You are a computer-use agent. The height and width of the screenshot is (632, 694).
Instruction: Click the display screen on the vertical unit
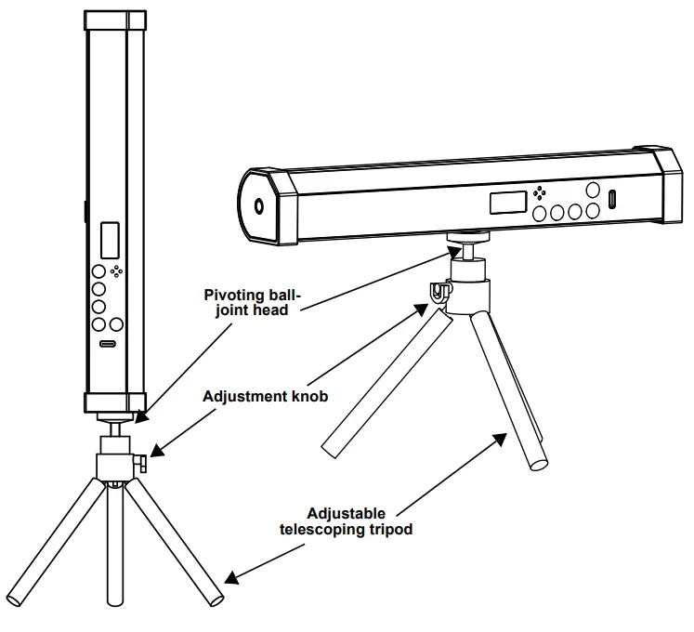111,240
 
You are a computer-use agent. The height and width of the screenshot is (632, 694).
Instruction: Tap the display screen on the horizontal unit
507,202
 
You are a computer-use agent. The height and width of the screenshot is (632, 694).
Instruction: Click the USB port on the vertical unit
108,344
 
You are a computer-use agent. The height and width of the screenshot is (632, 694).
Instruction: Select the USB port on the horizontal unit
613,199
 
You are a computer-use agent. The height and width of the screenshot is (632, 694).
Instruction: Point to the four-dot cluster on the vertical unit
116,271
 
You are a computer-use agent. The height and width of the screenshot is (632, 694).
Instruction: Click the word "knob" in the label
308,396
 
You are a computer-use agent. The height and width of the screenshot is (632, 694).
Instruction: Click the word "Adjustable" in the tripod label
346,513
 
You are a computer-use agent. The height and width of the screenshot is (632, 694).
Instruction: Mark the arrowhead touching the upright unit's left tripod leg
231,577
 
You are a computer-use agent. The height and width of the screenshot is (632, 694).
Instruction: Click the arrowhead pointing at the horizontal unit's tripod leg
504,436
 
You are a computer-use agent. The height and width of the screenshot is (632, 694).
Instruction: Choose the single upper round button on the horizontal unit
593,190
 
